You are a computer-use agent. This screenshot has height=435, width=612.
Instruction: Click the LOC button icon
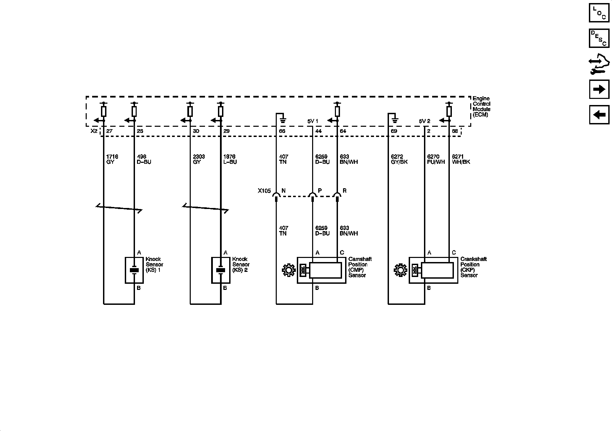(x=599, y=13)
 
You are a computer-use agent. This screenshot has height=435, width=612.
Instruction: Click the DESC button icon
(x=599, y=38)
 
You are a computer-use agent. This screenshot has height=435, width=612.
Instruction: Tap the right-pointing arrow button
(x=599, y=89)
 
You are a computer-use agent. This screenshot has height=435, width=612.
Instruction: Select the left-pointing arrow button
(x=599, y=115)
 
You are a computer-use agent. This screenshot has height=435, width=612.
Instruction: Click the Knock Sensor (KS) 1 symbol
(x=134, y=270)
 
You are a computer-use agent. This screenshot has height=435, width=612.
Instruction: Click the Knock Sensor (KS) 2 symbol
(x=221, y=270)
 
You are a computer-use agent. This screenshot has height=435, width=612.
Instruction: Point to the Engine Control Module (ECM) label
(x=481, y=107)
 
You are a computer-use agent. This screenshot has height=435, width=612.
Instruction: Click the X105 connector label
(x=264, y=191)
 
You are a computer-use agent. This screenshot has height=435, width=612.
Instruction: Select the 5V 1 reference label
(x=312, y=121)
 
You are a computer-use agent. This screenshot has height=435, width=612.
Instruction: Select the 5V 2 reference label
(x=424, y=121)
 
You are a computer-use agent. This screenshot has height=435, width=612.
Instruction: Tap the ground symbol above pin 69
(x=395, y=120)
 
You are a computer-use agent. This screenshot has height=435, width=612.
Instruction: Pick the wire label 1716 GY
(x=112, y=159)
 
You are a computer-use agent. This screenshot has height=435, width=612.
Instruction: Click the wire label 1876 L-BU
(x=230, y=159)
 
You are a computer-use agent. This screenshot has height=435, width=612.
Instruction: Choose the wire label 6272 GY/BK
(x=399, y=159)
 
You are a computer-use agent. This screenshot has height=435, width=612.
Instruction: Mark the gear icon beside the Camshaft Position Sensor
(x=289, y=271)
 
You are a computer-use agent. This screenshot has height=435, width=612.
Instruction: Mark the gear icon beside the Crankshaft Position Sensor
(x=401, y=271)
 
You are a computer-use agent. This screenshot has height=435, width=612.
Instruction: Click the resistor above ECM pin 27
(x=104, y=111)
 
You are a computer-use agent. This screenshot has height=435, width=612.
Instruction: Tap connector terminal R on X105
(x=337, y=195)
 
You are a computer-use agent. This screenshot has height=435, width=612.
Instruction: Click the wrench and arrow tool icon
(x=599, y=64)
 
